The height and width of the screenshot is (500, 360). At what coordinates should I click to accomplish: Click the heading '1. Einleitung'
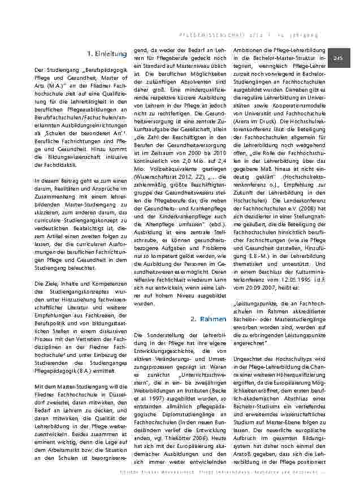pyautogui.click(x=107, y=54)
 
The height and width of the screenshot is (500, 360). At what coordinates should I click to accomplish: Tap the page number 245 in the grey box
pyautogui.click(x=339, y=58)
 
